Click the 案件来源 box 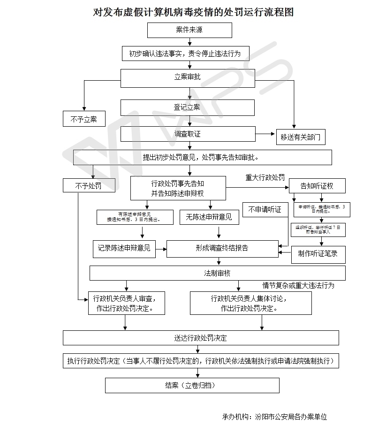(x=189, y=30)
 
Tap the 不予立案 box (x=84, y=119)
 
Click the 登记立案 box (x=188, y=107)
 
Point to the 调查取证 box (x=188, y=134)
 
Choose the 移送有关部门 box (x=300, y=137)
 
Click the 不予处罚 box (x=89, y=186)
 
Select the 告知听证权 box (x=317, y=186)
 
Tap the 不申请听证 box (x=265, y=210)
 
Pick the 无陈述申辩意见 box (x=209, y=217)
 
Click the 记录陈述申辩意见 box (x=124, y=248)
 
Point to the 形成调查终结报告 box (x=222, y=248)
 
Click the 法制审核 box (x=217, y=273)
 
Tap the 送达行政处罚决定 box (x=201, y=338)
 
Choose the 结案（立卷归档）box (x=192, y=385)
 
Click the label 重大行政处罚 (x=265, y=178)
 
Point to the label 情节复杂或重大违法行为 (x=298, y=285)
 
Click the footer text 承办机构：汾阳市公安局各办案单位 (x=274, y=416)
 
